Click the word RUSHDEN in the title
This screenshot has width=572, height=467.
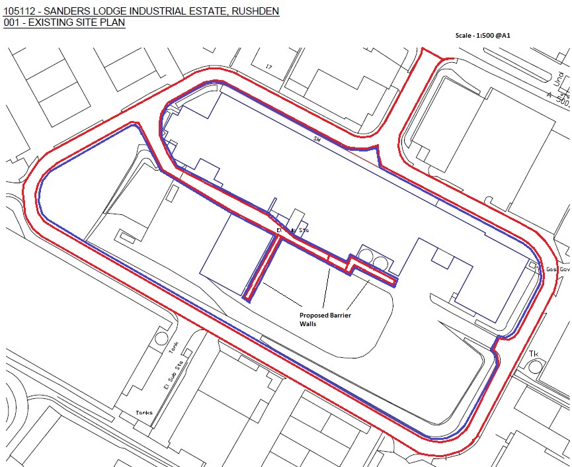pos(252,11)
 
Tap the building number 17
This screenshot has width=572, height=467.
pos(268,67)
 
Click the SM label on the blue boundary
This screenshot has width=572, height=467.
pos(317,138)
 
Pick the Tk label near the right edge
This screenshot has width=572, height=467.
pos(533,354)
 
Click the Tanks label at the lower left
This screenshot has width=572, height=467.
pos(143,413)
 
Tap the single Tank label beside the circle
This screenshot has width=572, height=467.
pos(173,347)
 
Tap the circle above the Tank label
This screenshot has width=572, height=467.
pos(161,338)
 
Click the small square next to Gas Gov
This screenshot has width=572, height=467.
pos(532,266)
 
